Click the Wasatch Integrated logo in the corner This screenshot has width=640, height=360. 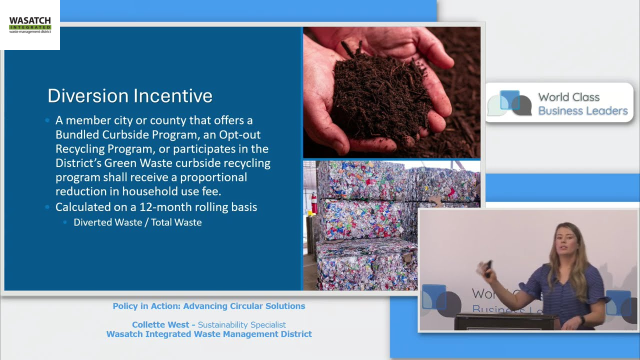pos(30,24)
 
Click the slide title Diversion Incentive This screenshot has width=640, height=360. pos(130,95)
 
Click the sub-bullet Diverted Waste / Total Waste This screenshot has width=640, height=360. pos(137,222)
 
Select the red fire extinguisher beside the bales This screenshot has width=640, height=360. pos(314,202)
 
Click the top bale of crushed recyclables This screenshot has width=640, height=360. pos(390,180)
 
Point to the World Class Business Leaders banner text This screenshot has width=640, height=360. pos(582,104)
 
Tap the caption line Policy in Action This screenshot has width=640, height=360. pos(208,306)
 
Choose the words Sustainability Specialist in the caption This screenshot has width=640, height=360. pos(241,325)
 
